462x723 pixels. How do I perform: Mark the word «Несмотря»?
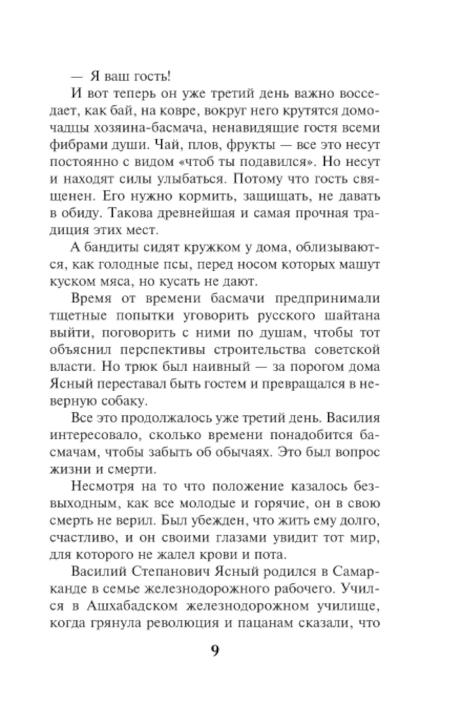coord(103,486)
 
